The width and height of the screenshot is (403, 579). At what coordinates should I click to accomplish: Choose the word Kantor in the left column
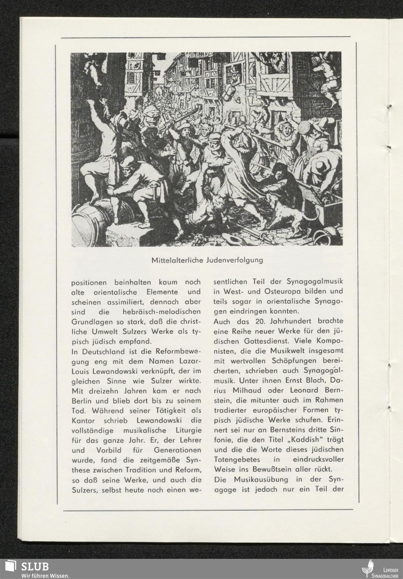[82, 420]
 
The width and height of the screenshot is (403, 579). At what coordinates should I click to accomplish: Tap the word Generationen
[174, 450]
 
